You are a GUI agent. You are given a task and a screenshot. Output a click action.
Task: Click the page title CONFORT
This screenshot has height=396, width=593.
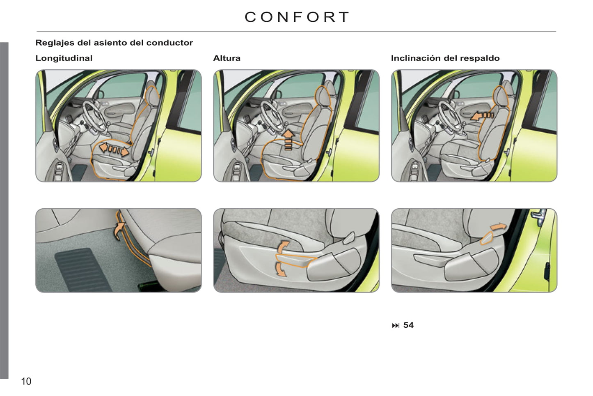point(296,17)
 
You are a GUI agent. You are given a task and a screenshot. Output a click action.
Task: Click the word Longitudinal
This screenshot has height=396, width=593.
point(64,58)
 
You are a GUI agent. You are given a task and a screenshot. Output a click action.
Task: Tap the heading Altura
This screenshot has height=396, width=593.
point(227,58)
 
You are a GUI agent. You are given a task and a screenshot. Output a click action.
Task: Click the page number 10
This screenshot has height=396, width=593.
point(26,381)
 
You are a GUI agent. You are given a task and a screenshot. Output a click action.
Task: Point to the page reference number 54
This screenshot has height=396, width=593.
point(408,325)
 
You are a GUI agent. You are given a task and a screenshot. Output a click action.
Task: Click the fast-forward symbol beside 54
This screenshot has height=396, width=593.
point(396,325)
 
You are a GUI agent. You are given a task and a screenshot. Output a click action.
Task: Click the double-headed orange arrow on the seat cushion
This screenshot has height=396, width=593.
point(114,150)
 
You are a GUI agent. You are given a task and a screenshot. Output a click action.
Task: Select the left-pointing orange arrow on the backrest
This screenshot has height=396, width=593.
point(482,116)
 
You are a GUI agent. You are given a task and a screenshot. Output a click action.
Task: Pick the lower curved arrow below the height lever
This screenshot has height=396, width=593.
point(281,269)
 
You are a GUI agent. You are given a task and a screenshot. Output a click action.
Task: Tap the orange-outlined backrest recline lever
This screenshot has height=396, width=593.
point(487,238)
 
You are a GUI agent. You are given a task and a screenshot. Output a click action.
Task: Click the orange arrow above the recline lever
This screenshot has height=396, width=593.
point(498,226)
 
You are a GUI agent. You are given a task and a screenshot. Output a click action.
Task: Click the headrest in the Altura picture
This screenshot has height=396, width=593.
point(323,96)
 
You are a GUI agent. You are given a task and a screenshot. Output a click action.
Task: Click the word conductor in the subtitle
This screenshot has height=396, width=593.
point(169,43)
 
